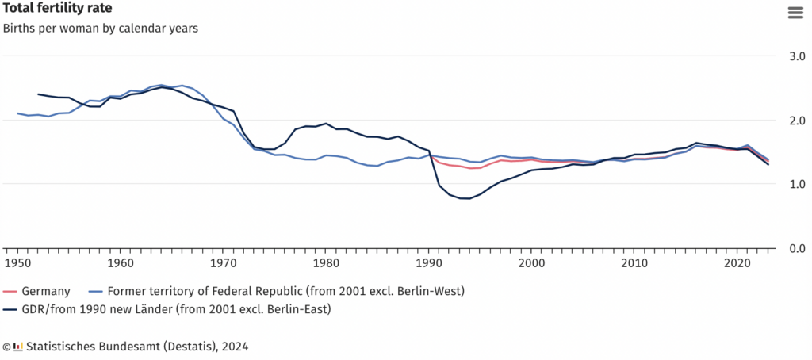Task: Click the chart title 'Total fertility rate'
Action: click(57, 9)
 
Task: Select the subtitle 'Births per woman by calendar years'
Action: click(100, 29)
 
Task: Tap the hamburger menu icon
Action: click(794, 12)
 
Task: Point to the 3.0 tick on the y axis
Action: click(793, 57)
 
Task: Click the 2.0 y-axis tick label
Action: click(793, 121)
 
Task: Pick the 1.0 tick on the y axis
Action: click(793, 184)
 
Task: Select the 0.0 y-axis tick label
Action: click(793, 248)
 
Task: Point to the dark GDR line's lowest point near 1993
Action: click(465, 198)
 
